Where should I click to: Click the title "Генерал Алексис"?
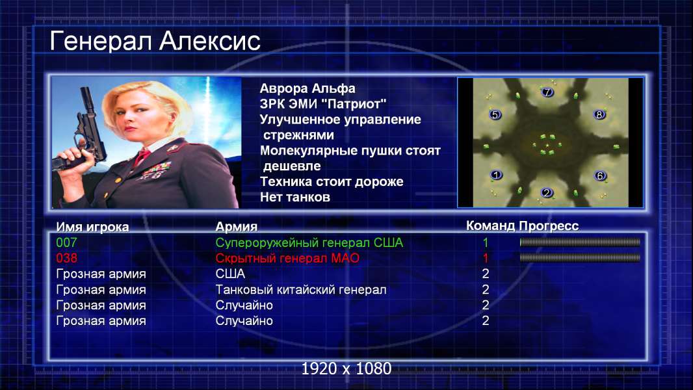click(155, 41)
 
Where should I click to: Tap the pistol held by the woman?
click(84, 133)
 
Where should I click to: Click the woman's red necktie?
click(142, 157)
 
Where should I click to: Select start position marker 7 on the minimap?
click(547, 92)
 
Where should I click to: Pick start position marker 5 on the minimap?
click(495, 114)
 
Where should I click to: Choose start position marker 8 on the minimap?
click(599, 114)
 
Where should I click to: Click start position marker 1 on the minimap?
click(496, 175)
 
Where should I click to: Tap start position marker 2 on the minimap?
click(547, 192)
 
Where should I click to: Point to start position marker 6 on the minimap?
click(600, 175)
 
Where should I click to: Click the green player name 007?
click(66, 242)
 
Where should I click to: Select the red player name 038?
click(66, 258)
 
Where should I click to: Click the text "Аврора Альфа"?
click(307, 88)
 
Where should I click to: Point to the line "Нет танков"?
click(294, 197)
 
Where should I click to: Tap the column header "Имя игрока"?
click(92, 227)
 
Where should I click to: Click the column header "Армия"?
click(236, 227)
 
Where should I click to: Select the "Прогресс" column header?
click(549, 226)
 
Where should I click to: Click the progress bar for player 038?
click(580, 257)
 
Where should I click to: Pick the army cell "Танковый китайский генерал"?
click(300, 290)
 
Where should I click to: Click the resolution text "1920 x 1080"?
click(346, 369)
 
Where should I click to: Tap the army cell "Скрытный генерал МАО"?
click(287, 259)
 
